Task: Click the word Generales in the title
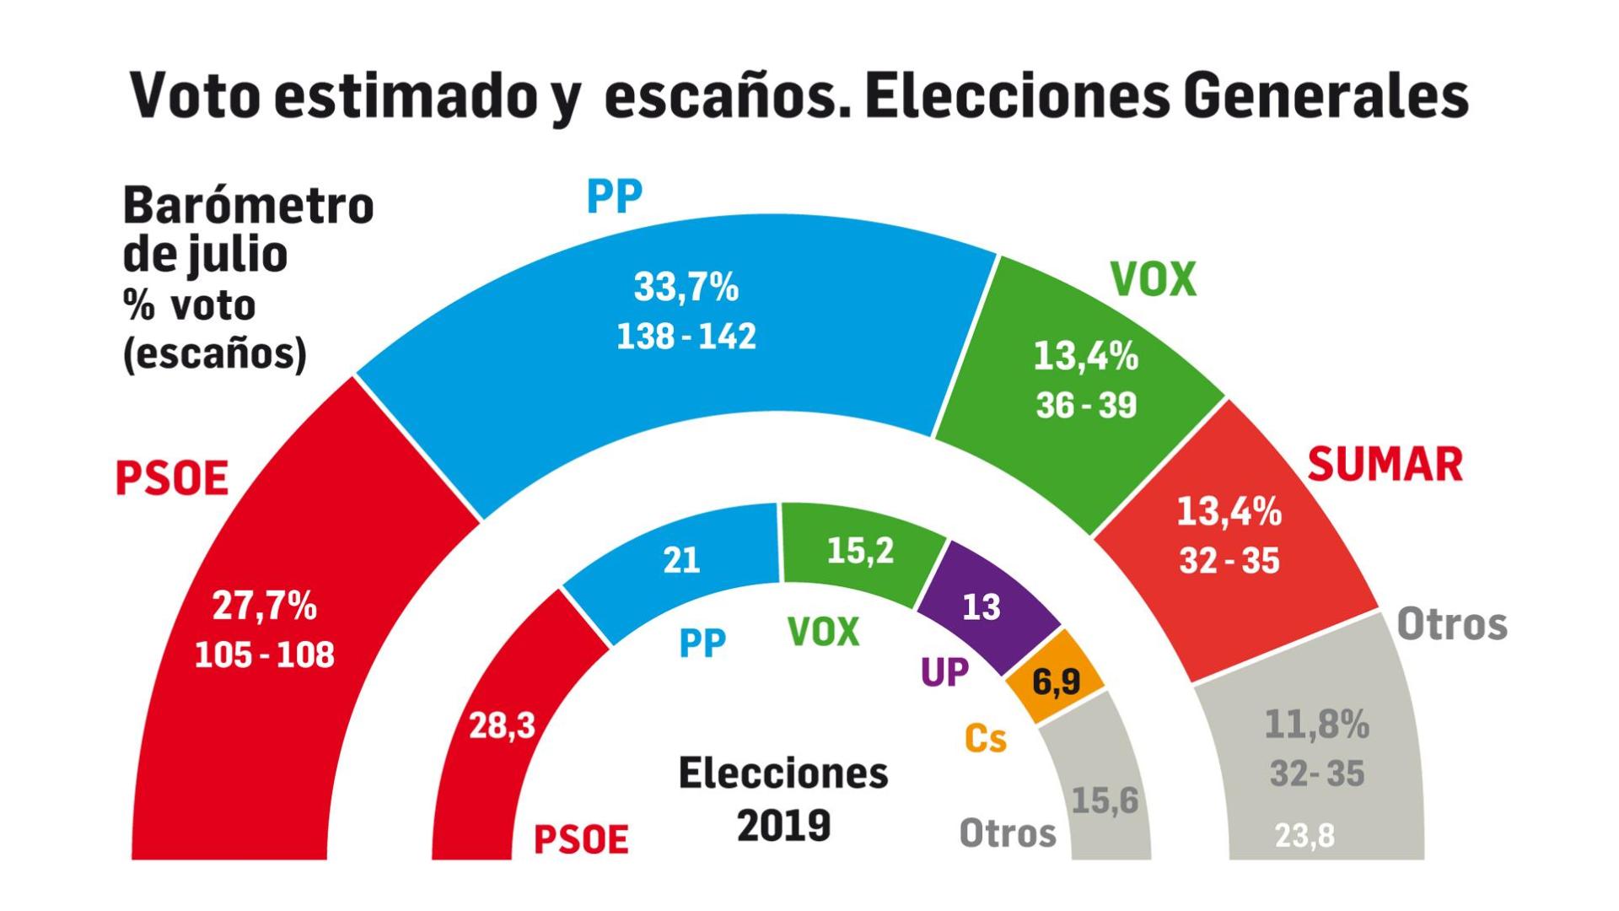tap(1325, 96)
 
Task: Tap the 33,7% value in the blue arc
tap(686, 288)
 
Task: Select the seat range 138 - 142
tap(686, 337)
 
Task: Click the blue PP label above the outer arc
tap(614, 197)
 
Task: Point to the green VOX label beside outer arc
tap(1153, 280)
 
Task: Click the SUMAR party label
tap(1385, 465)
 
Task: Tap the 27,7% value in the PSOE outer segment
tap(264, 606)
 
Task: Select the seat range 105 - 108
tap(264, 655)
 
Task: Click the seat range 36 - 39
tap(1086, 406)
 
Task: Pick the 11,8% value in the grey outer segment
tap(1316, 725)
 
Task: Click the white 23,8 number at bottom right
tap(1304, 836)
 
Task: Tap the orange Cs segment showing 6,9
tap(1056, 681)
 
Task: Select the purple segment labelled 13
tap(982, 607)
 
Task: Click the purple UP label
tap(944, 673)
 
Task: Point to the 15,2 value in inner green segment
tap(860, 552)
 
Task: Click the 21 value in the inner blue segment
tap(681, 560)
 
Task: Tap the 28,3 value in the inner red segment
tap(502, 725)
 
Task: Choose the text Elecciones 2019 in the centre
tap(783, 798)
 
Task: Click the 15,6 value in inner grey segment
tap(1105, 800)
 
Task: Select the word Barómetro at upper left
tap(248, 206)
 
